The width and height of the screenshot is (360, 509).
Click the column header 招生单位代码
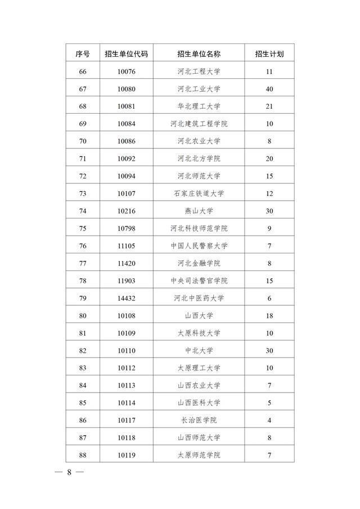coord(127,54)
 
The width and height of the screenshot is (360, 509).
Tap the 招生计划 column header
coord(269,54)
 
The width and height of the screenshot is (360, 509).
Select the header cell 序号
coord(83,54)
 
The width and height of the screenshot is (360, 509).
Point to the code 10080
coord(127,89)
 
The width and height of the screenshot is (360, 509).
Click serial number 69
coord(83,124)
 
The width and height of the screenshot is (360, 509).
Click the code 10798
coord(127,228)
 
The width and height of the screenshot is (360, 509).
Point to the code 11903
coord(127,281)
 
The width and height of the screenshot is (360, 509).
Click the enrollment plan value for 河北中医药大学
coord(269,298)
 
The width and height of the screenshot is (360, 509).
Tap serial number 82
coord(83,350)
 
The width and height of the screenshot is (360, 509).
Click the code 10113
coord(127,385)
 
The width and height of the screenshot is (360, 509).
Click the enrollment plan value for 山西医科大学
coord(269,403)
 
